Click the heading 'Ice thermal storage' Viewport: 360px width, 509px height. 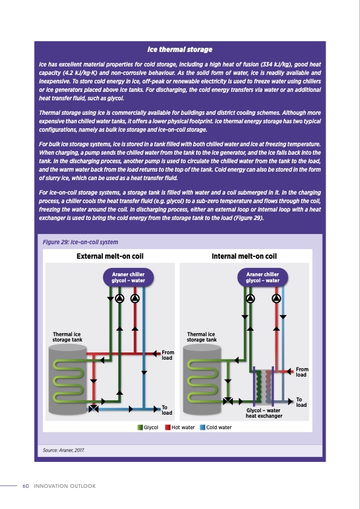click(x=180, y=49)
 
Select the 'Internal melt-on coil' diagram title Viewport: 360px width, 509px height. click(x=244, y=256)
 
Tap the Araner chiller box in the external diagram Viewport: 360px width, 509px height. click(x=128, y=277)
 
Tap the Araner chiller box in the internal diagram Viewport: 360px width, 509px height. click(x=263, y=277)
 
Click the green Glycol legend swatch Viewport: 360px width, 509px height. click(x=140, y=427)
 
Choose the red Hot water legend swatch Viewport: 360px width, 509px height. click(x=168, y=427)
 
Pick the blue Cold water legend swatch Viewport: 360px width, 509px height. click(x=203, y=427)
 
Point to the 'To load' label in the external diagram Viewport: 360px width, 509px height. click(x=168, y=410)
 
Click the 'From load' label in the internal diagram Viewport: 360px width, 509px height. click(x=302, y=372)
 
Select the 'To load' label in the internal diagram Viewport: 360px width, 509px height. click(x=302, y=401)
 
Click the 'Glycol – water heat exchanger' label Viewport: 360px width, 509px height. click(x=264, y=413)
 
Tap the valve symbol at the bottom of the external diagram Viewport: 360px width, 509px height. click(x=94, y=409)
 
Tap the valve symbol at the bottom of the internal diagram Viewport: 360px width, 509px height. click(x=228, y=400)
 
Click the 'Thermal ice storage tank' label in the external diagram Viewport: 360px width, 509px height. click(x=67, y=337)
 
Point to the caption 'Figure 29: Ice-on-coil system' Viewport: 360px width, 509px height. click(x=80, y=242)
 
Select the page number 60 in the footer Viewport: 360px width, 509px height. click(x=25, y=486)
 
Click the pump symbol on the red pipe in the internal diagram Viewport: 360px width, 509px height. click(x=277, y=298)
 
